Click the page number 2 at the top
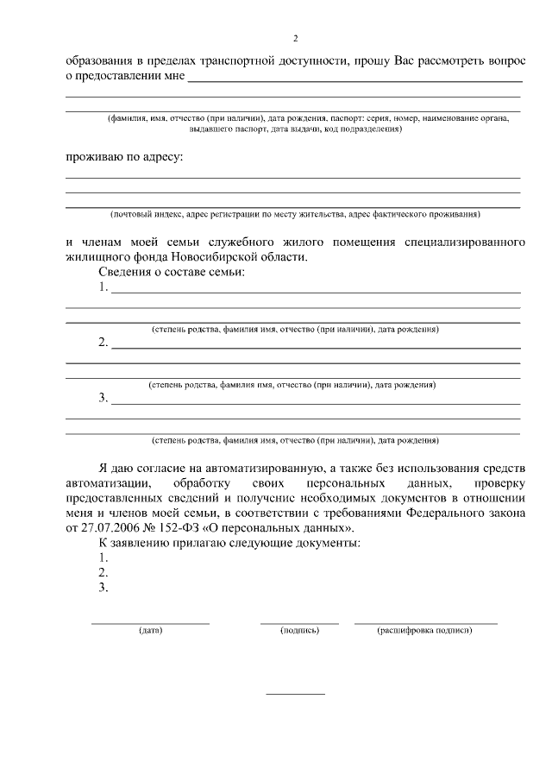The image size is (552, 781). [295, 39]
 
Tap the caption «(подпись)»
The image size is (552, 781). [299, 631]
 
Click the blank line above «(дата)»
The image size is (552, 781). [150, 622]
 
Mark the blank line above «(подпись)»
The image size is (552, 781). [299, 622]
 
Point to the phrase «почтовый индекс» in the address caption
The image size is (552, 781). [142, 213]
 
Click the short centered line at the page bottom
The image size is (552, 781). [295, 694]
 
